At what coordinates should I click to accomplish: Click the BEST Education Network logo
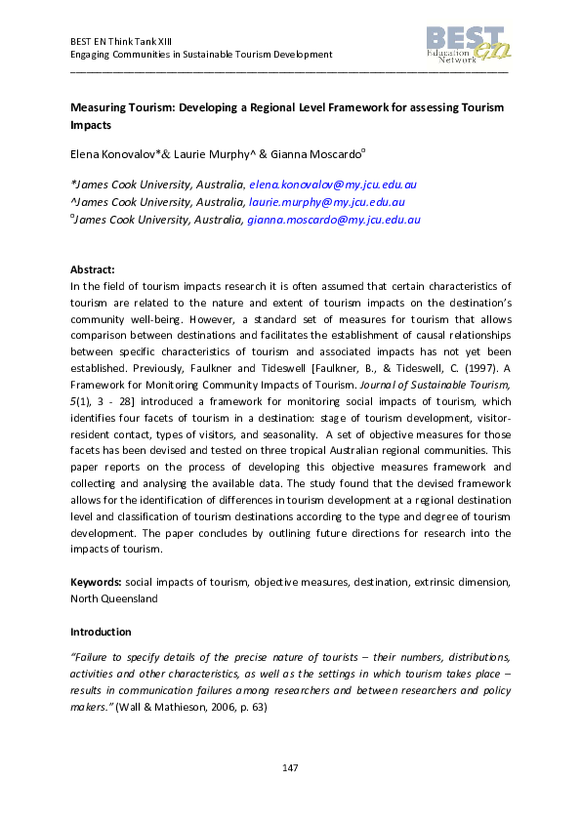[467, 45]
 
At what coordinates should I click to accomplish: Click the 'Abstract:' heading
[93, 268]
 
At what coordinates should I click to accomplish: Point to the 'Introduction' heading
[101, 632]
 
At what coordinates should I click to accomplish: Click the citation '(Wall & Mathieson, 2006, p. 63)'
[189, 706]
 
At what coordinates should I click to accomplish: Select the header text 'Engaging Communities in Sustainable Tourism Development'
[201, 55]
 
